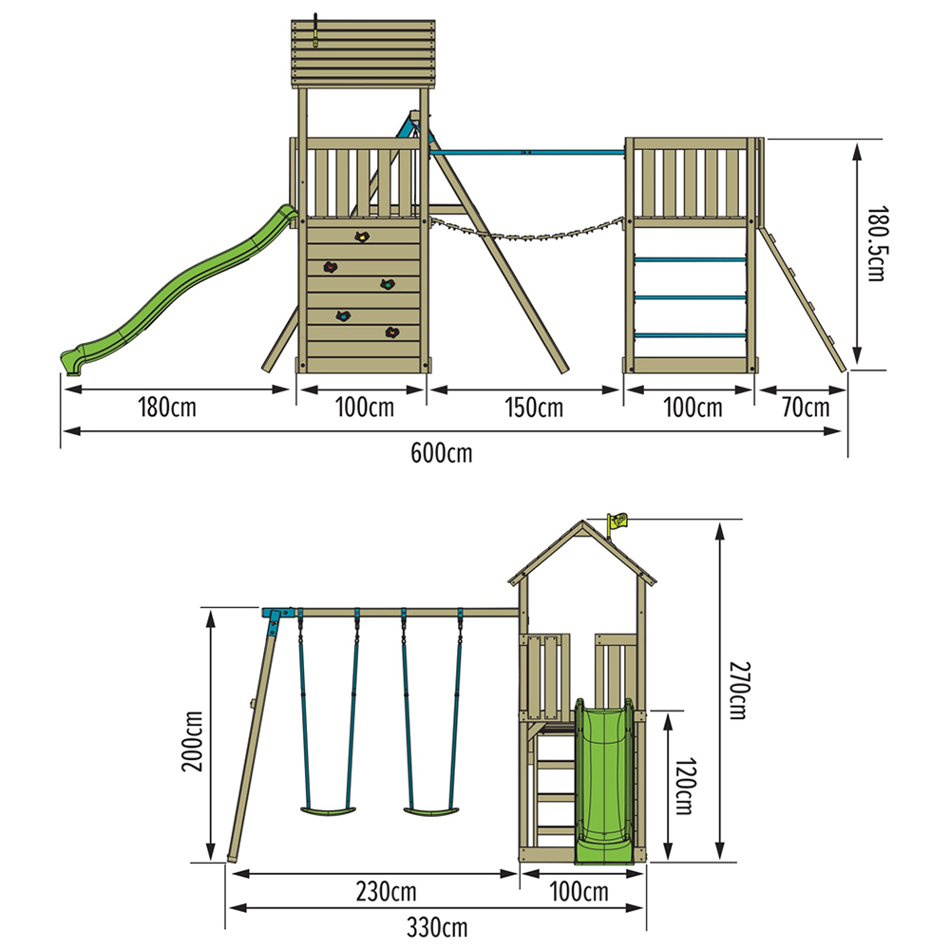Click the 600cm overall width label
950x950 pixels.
(441, 453)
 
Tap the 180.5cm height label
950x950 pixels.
(876, 243)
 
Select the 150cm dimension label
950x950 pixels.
(534, 408)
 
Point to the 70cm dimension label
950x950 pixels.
(806, 408)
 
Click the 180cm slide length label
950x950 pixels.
(167, 408)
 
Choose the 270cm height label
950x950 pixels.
(738, 691)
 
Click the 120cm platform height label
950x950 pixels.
(685, 786)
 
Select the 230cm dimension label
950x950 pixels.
(386, 892)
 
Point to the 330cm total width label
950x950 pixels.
(437, 927)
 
